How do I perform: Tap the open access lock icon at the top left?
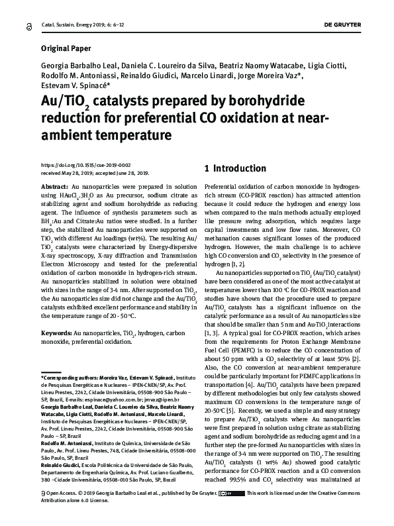click(29, 25)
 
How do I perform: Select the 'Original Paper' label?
click(67, 48)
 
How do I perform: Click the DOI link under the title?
click(85, 164)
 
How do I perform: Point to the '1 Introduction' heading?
click(236, 169)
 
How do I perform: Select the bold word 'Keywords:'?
click(56, 331)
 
